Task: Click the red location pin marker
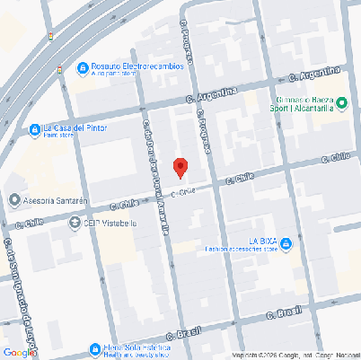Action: [180, 167]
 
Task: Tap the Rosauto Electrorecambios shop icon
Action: [82, 67]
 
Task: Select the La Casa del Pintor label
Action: [75, 127]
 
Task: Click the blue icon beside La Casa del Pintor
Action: [34, 128]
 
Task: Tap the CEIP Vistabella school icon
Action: [75, 223]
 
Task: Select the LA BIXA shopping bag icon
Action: [286, 242]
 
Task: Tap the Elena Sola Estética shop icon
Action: [94, 348]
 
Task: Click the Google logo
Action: [18, 352]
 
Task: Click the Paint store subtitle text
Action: [59, 136]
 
